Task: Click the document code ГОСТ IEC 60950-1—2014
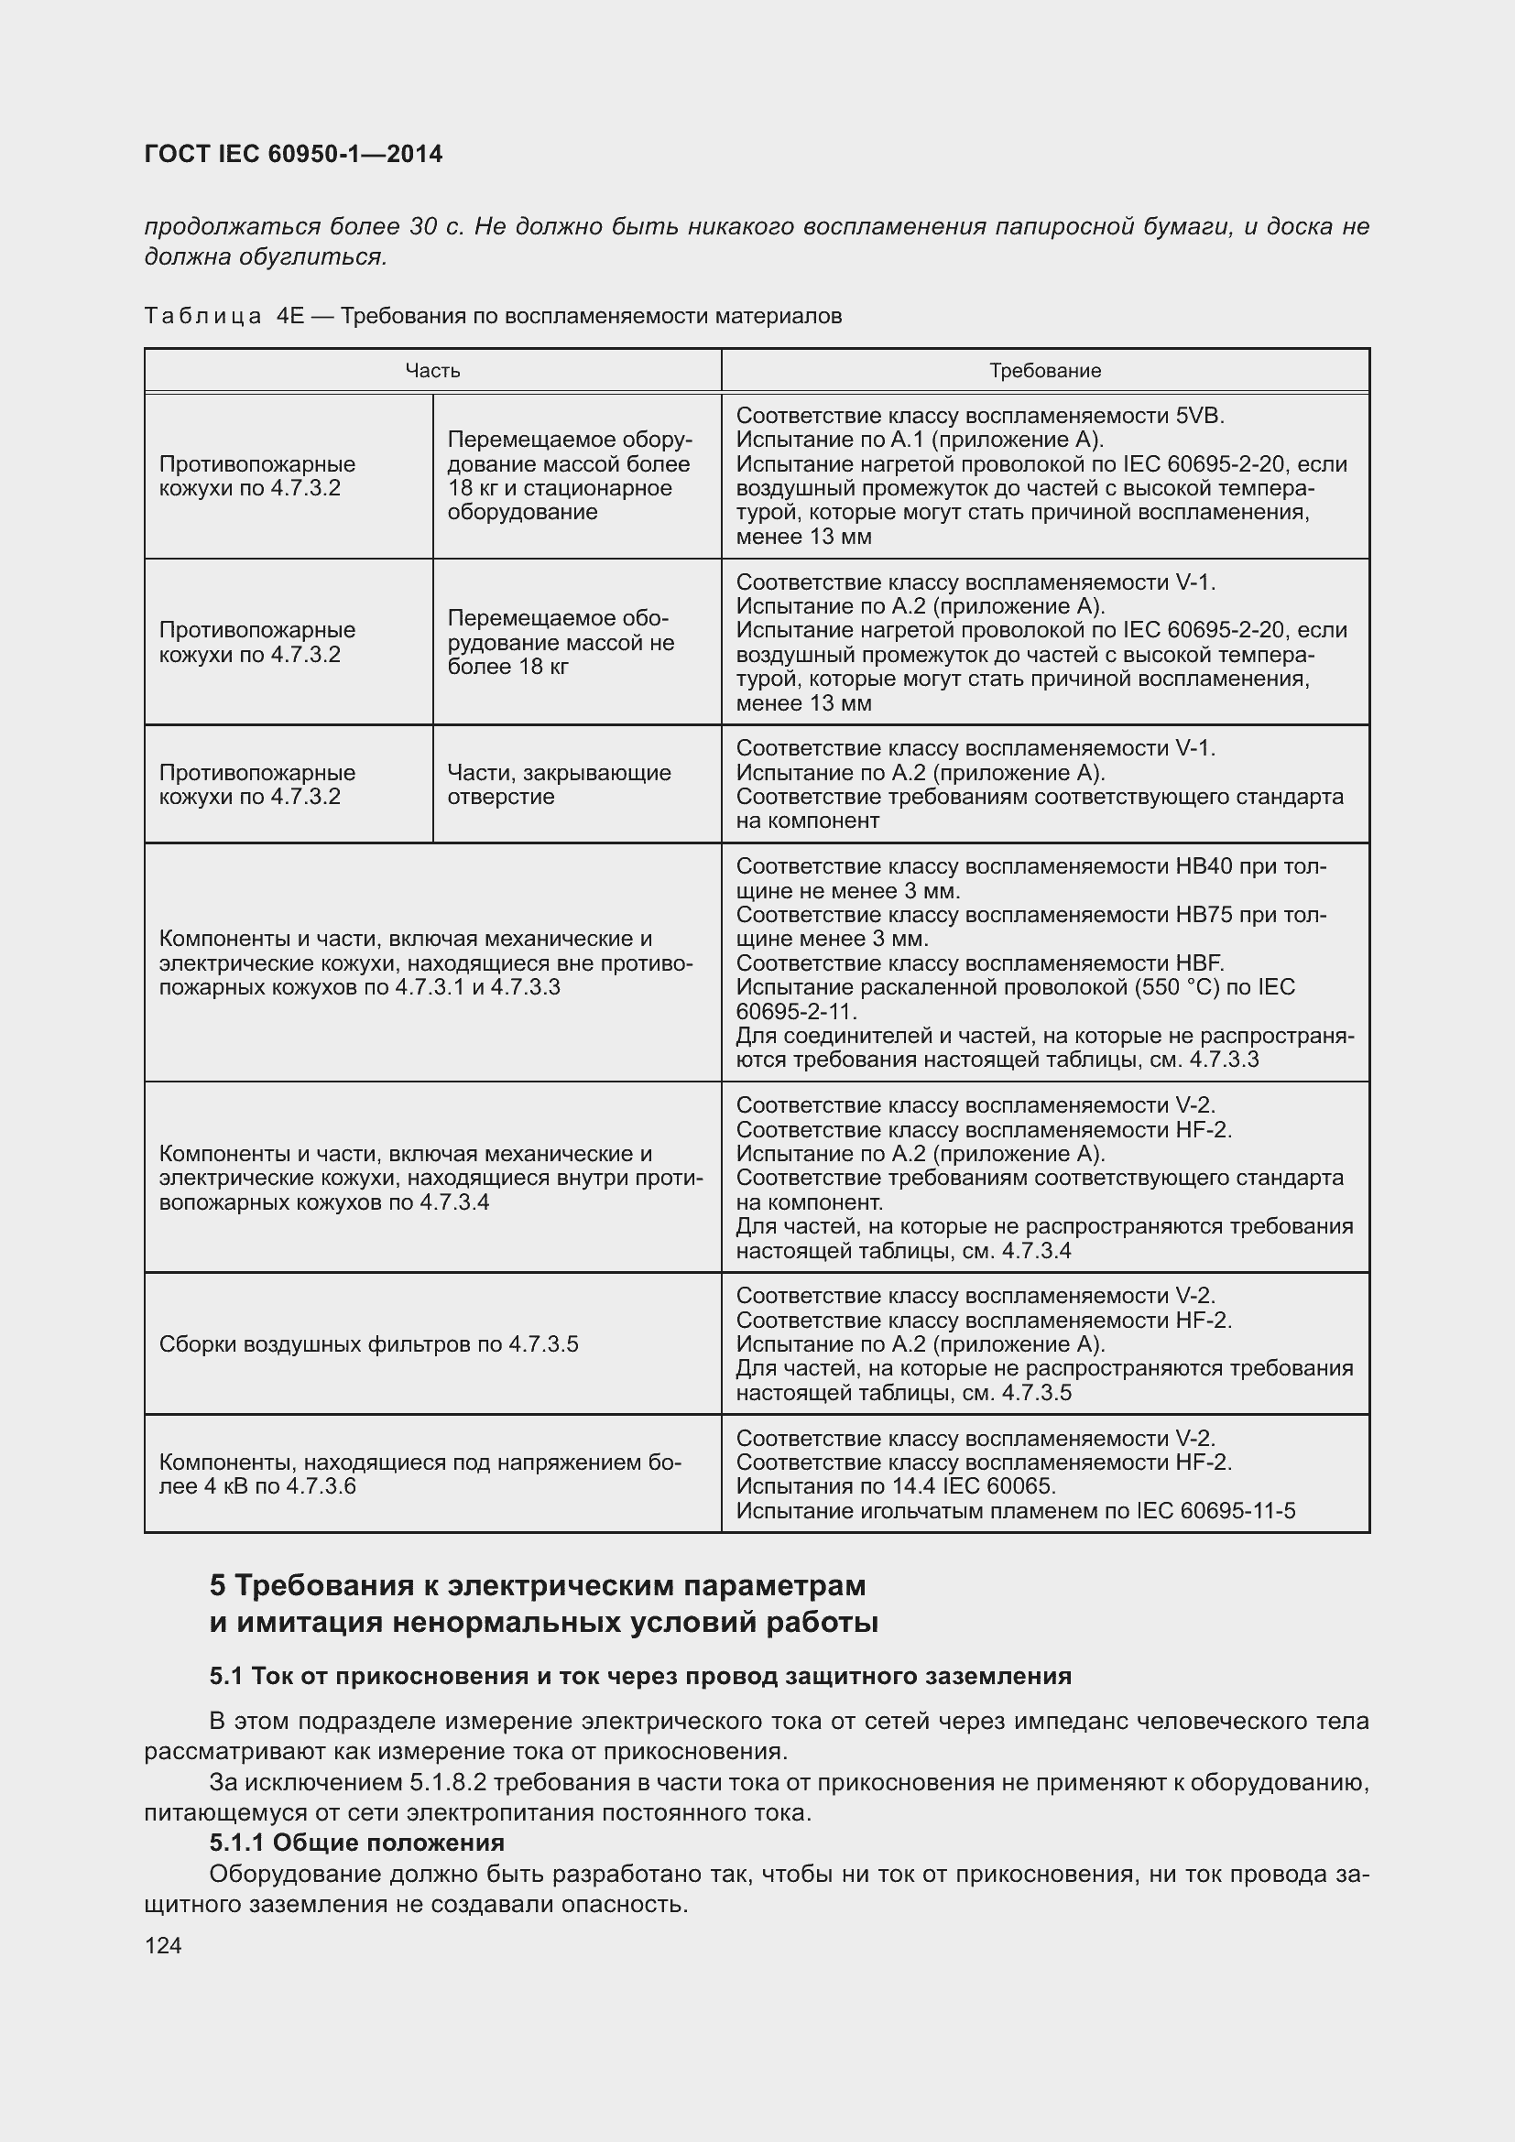pyautogui.click(x=293, y=154)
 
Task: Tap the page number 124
pyautogui.click(x=163, y=1946)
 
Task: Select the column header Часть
pyautogui.click(x=432, y=370)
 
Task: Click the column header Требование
pyautogui.click(x=1045, y=370)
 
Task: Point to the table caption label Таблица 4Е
pyautogui.click(x=223, y=316)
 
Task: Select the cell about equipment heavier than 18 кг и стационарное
pyautogui.click(x=569, y=476)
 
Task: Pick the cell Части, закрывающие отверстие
pyautogui.click(x=559, y=785)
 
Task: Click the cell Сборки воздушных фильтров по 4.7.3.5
pyautogui.click(x=368, y=1344)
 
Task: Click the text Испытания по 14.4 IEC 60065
pyautogui.click(x=896, y=1486)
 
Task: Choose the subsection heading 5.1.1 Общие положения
pyautogui.click(x=357, y=1843)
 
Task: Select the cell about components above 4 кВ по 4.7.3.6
pyautogui.click(x=420, y=1474)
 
